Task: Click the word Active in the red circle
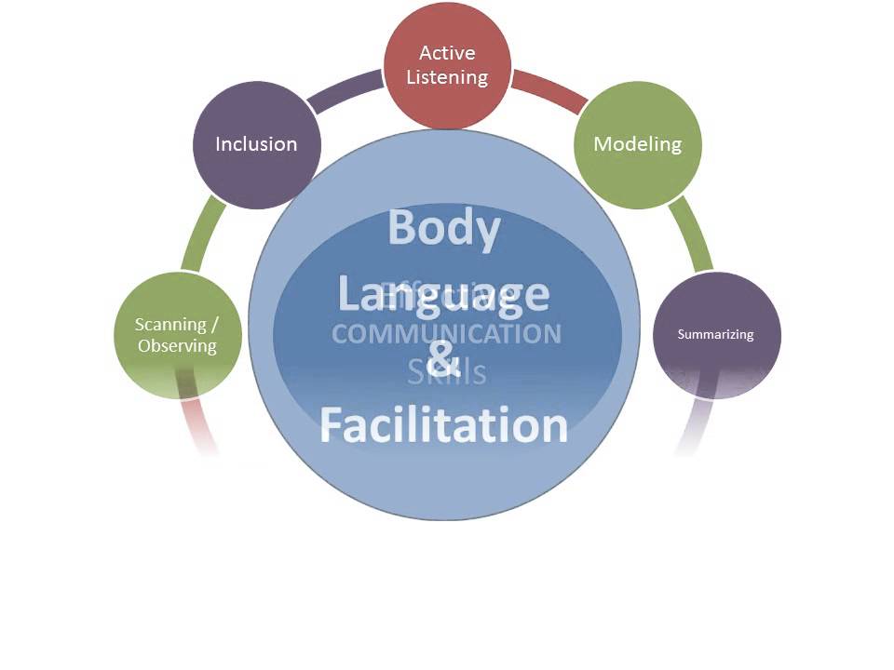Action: coord(447,53)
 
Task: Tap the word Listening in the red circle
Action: coord(447,77)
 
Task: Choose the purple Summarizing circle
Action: coord(715,334)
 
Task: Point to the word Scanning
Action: coord(170,325)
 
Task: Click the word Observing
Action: coord(177,346)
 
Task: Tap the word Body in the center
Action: coord(443,227)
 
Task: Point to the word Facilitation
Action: coord(443,424)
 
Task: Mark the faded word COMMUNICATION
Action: coord(447,334)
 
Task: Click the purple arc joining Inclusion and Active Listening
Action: coord(346,93)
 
